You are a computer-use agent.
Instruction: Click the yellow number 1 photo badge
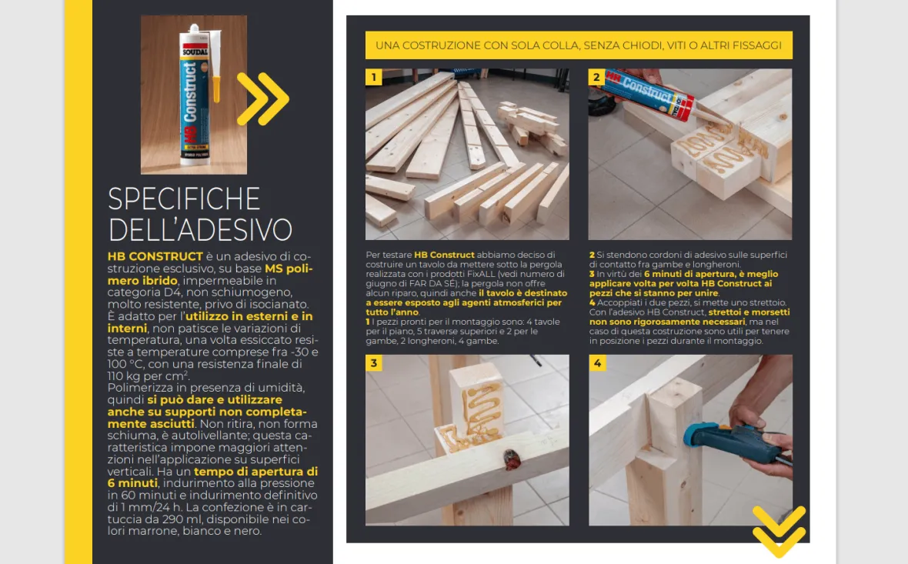(x=373, y=77)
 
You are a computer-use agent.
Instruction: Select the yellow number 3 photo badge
(x=373, y=363)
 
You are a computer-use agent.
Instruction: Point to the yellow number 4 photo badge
(x=597, y=363)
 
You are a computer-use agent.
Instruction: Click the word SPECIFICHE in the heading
(x=184, y=199)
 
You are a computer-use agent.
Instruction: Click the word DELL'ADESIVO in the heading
(x=200, y=229)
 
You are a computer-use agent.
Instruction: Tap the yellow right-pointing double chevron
(x=263, y=98)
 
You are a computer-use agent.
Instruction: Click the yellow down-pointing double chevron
(x=779, y=531)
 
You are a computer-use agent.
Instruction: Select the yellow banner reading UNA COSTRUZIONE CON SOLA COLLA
(x=579, y=45)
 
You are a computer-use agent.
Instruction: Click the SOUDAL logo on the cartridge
(x=195, y=52)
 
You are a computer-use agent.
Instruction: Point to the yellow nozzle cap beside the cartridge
(x=216, y=88)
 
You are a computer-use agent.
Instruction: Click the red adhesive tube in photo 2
(x=649, y=94)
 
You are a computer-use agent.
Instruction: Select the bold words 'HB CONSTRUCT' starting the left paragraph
(x=155, y=256)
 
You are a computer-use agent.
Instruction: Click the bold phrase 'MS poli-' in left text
(x=289, y=269)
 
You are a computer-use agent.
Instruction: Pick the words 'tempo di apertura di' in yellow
(x=256, y=472)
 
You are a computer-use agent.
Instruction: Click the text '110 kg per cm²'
(x=149, y=375)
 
